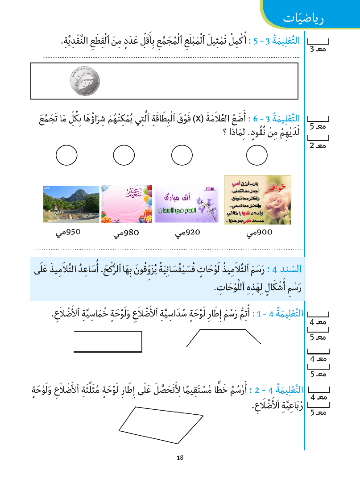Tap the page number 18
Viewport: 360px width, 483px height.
[180, 457]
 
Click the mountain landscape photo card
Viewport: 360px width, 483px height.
[71, 204]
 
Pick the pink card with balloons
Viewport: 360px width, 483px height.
[126, 204]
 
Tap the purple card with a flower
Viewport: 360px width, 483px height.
[186, 204]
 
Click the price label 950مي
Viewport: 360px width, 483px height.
[67, 232]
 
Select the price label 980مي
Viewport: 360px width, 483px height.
[126, 233]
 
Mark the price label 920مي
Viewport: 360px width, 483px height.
[187, 233]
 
